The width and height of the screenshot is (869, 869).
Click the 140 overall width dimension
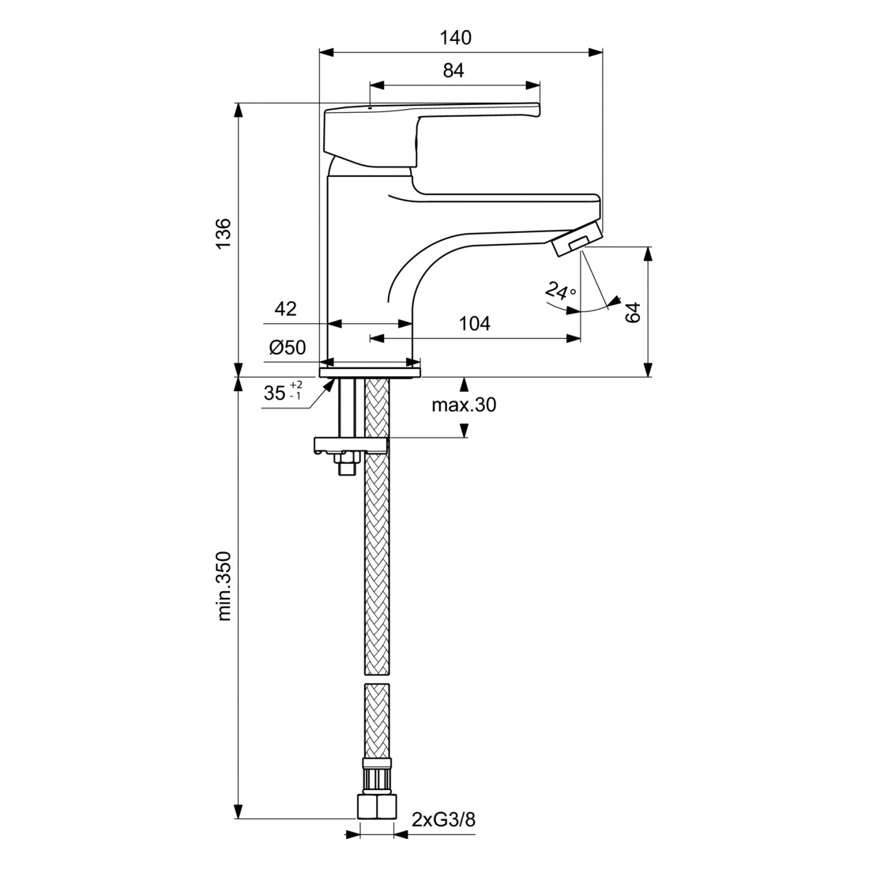pyautogui.click(x=456, y=38)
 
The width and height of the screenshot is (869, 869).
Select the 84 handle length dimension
pyautogui.click(x=453, y=70)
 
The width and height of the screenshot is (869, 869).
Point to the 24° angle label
pyautogui.click(x=560, y=291)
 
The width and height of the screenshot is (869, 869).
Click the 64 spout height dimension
pyautogui.click(x=632, y=312)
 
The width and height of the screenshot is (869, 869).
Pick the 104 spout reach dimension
pyautogui.click(x=475, y=323)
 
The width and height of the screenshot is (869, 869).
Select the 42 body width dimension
pyautogui.click(x=286, y=309)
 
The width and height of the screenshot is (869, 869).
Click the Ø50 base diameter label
pyautogui.click(x=288, y=348)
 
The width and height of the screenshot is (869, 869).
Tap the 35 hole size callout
pyautogui.click(x=283, y=392)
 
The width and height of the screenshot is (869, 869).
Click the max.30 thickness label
pyautogui.click(x=464, y=405)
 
